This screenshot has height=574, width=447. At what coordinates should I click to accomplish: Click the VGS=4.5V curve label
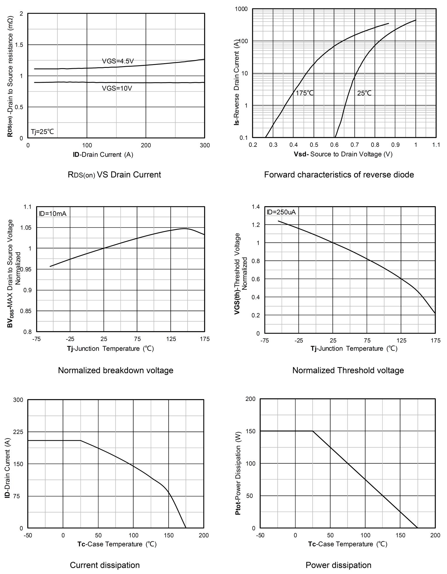(x=118, y=61)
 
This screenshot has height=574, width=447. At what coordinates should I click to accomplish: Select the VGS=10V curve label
(x=117, y=88)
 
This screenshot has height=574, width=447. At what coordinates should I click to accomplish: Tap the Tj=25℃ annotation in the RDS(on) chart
(x=43, y=132)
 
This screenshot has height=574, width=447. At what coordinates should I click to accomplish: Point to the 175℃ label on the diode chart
(x=305, y=93)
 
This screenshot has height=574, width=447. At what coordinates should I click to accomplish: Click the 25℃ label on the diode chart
(x=364, y=93)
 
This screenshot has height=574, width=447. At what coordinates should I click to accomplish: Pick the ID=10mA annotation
(x=53, y=214)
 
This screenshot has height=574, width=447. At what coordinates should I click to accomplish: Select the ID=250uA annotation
(x=281, y=212)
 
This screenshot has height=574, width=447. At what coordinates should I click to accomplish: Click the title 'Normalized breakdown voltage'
(x=115, y=370)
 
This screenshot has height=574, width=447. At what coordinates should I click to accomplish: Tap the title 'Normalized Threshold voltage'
(x=348, y=370)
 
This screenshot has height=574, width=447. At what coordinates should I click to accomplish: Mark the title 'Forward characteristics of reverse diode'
(x=339, y=175)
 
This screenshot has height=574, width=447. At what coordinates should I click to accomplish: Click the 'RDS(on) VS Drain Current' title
(x=114, y=175)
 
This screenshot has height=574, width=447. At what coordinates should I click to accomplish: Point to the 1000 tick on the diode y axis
(x=241, y=9)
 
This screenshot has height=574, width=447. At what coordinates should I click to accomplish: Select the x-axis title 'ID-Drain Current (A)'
(x=103, y=154)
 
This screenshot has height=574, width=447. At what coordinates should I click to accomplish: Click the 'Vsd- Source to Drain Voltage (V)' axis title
(x=343, y=154)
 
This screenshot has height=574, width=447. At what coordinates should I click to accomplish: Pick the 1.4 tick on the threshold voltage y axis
(x=256, y=207)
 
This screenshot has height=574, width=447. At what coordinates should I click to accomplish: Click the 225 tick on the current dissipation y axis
(x=18, y=432)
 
